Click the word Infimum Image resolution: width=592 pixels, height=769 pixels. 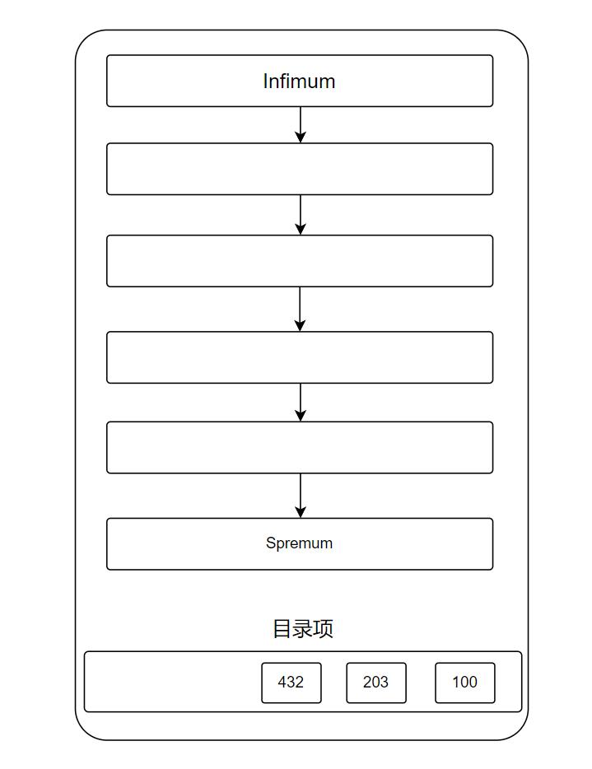click(299, 82)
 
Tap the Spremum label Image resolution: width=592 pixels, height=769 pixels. click(299, 543)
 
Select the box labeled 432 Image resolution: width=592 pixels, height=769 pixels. click(291, 683)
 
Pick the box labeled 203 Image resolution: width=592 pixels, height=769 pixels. click(376, 683)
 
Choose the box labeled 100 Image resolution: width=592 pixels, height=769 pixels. click(465, 683)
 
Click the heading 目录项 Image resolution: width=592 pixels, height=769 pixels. click(303, 629)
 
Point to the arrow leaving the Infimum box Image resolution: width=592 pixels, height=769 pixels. click(301, 124)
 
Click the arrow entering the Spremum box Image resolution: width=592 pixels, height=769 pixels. click(301, 496)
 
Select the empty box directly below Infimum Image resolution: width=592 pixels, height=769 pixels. click(300, 169)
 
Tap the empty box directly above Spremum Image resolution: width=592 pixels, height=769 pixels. click(300, 447)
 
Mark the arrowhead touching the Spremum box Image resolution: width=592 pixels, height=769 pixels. click(301, 512)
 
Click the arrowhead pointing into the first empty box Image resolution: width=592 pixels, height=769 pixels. click(301, 137)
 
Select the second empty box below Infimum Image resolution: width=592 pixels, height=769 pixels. click(300, 261)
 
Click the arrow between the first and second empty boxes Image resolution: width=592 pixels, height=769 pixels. click(301, 215)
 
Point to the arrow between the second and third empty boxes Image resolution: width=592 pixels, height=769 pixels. click(301, 309)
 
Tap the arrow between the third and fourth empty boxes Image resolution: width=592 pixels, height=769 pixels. click(301, 402)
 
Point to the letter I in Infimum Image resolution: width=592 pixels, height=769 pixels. click(265, 82)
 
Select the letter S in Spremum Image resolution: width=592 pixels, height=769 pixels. click(271, 543)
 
